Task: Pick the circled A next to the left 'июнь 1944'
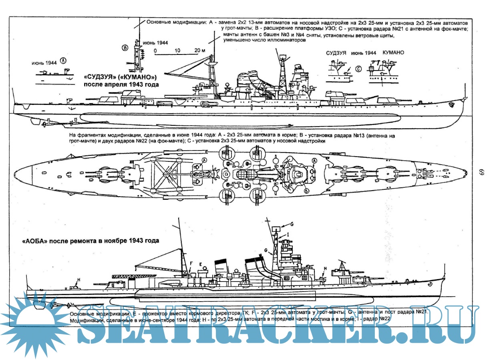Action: [x=63, y=61]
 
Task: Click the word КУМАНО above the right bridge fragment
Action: [x=393, y=53]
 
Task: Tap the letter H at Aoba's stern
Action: [x=78, y=279]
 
